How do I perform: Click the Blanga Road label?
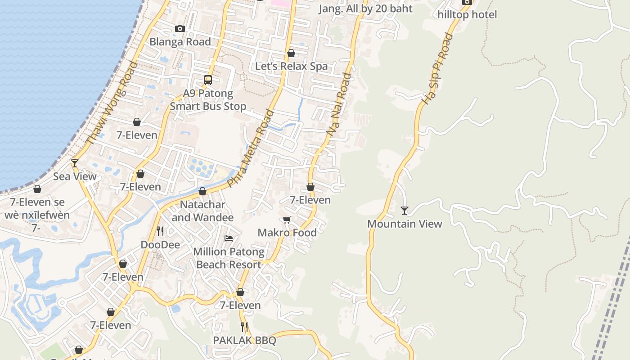[x=180, y=42]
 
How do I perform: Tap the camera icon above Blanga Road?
[x=180, y=28]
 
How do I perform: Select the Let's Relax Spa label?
[x=291, y=66]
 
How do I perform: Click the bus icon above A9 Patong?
[x=208, y=80]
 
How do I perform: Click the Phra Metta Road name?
[x=250, y=148]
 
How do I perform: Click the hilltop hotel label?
[x=467, y=15]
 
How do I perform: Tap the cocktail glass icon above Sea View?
[x=75, y=163]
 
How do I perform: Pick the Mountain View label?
[x=405, y=224]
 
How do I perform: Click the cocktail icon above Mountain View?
[x=405, y=210]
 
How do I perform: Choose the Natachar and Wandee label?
[x=202, y=211]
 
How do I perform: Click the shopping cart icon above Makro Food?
[x=287, y=220]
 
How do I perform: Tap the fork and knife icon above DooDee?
[x=160, y=231]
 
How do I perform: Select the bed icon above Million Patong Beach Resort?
[x=229, y=238]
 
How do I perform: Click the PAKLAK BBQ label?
[x=244, y=341]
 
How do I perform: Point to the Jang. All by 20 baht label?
[x=365, y=9]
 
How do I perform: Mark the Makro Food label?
[x=287, y=233]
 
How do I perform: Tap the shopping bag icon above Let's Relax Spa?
[x=291, y=53]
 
